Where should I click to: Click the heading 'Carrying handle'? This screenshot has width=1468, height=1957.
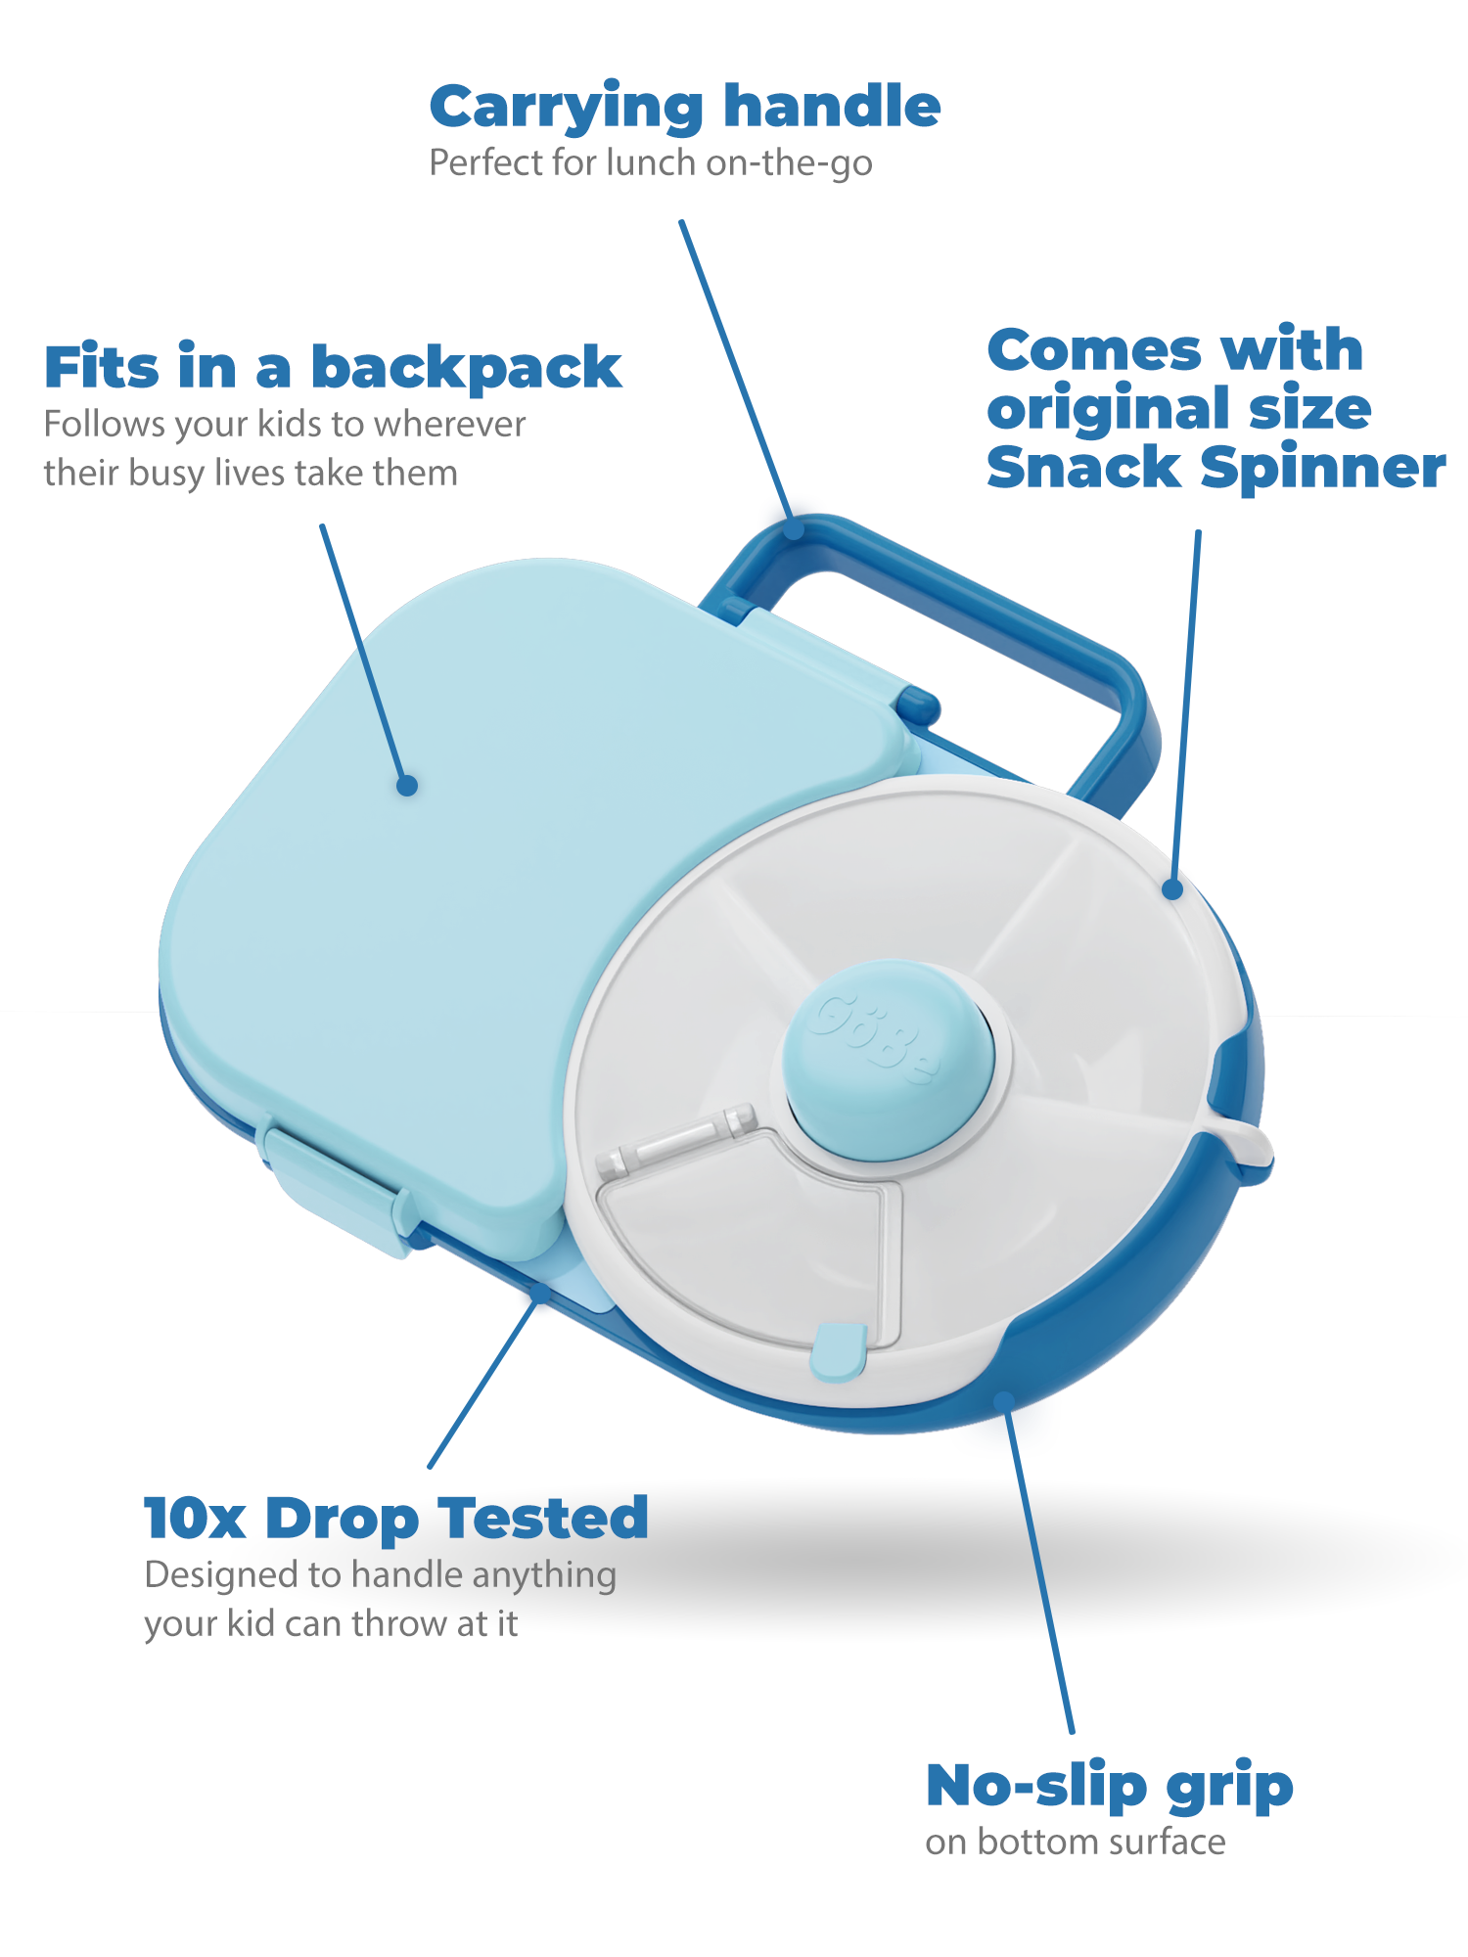684,107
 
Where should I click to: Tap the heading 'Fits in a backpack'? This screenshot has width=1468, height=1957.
333,369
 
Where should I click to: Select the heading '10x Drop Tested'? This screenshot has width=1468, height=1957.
396,1519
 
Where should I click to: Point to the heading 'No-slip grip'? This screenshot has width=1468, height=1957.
1109,1786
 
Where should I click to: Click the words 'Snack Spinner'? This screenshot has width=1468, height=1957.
1216,468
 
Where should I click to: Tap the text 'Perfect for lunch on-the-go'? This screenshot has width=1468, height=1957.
651,163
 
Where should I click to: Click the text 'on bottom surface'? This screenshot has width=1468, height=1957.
1075,1843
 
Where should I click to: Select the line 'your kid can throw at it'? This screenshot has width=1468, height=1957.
331,1624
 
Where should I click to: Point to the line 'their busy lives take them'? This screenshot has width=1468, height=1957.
251,474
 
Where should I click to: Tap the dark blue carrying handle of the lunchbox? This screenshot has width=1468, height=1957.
979,607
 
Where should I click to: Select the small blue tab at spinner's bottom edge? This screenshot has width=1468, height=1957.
839,1351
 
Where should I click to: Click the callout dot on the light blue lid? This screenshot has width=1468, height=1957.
407,785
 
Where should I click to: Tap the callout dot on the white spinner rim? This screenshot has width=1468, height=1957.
1172,889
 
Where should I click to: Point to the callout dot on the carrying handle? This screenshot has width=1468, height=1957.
795,531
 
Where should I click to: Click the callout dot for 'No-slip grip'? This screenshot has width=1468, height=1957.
1002,1400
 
